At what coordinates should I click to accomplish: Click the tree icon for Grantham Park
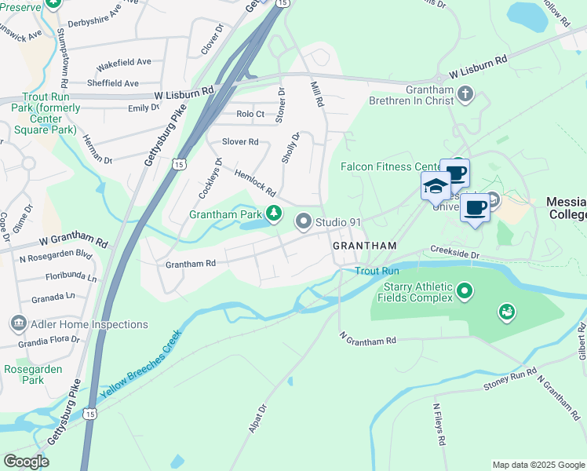pos(274,213)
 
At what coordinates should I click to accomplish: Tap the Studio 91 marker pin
pos(303,222)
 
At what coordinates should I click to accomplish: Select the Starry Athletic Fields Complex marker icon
pos(465,292)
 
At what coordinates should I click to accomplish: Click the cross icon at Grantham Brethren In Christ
pos(465,95)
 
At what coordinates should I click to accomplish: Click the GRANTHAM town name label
pos(365,246)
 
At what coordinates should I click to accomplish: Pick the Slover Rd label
pos(240,142)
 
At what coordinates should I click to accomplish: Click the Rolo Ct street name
pos(250,114)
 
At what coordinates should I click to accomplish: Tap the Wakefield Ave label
pos(123,62)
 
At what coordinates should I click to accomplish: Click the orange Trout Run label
pos(377,271)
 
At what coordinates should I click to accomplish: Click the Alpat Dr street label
pos(257,418)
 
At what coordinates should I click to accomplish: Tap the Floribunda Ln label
pos(71,277)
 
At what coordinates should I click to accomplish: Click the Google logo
pos(26,462)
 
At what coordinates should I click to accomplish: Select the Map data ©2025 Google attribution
pos(538,465)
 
